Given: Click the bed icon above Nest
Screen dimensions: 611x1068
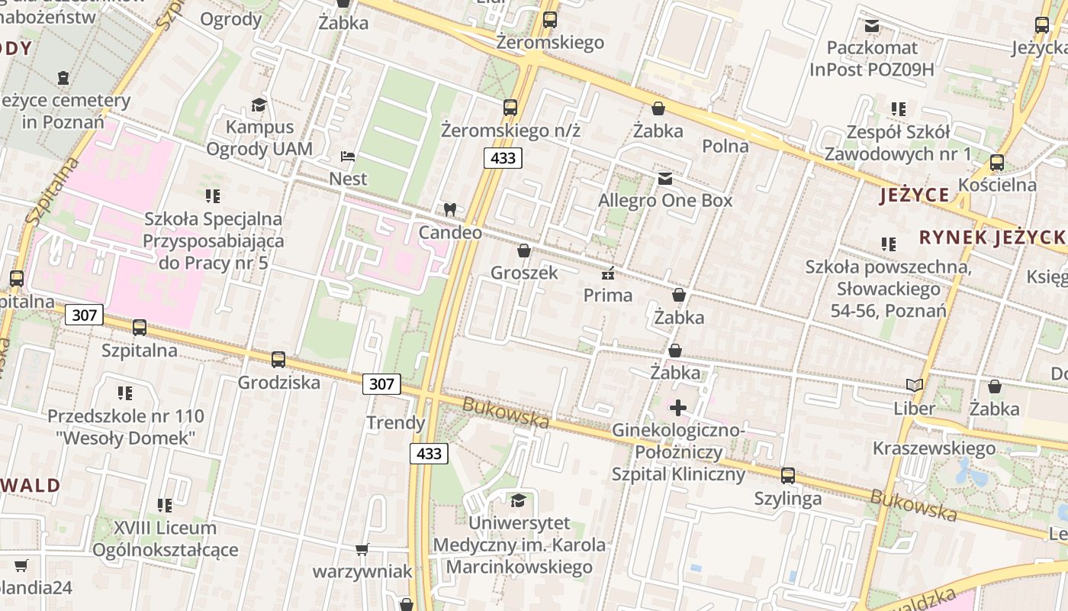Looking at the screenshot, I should pyautogui.click(x=348, y=157).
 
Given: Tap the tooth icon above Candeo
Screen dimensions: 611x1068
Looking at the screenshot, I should pyautogui.click(x=449, y=209).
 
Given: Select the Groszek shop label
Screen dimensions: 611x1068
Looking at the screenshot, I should pyautogui.click(x=524, y=273).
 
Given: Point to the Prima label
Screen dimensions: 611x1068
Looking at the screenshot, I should pyautogui.click(x=608, y=295).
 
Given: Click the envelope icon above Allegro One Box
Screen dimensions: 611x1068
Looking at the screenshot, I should pyautogui.click(x=665, y=179).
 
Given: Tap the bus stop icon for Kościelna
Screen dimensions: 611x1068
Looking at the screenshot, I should pyautogui.click(x=996, y=163).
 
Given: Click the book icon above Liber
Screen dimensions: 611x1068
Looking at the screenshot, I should pyautogui.click(x=914, y=386).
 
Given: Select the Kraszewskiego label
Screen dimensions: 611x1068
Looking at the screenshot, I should pyautogui.click(x=934, y=448).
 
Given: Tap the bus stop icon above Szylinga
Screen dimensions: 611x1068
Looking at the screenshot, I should pyautogui.click(x=788, y=476).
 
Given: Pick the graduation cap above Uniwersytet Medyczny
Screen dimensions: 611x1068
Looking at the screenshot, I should pyautogui.click(x=519, y=500).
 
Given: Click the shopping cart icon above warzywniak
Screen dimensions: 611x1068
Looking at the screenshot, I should pyautogui.click(x=362, y=549).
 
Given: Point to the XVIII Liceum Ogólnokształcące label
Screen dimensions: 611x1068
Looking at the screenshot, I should pyautogui.click(x=165, y=538).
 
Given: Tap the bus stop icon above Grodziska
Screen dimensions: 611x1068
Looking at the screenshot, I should pyautogui.click(x=278, y=359).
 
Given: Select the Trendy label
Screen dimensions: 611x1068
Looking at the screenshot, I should pyautogui.click(x=395, y=422).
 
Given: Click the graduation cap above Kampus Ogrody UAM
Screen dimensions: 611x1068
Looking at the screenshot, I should pyautogui.click(x=259, y=104).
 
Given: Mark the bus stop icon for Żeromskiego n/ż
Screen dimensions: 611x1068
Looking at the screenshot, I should pyautogui.click(x=510, y=108).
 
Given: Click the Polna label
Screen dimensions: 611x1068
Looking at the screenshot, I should pyautogui.click(x=725, y=146).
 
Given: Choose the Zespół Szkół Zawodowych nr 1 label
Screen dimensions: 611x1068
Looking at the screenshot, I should pyautogui.click(x=898, y=143).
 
